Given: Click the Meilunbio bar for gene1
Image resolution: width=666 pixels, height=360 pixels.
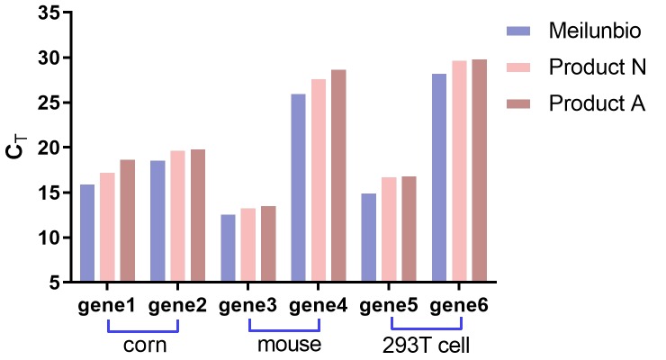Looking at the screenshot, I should (87, 233).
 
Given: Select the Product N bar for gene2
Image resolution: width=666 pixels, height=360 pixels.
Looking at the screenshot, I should (177, 216).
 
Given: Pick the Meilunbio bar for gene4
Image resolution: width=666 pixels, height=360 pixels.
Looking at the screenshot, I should (298, 188).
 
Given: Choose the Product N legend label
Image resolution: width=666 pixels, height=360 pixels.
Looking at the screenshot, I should (597, 67).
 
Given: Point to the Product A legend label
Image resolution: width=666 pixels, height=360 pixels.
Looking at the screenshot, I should (597, 103).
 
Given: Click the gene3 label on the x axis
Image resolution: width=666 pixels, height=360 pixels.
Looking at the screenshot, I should (247, 305).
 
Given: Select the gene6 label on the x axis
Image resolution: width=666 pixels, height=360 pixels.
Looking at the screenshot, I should (459, 305).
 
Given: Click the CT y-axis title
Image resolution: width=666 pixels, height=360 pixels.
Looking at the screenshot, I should (16, 148).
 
